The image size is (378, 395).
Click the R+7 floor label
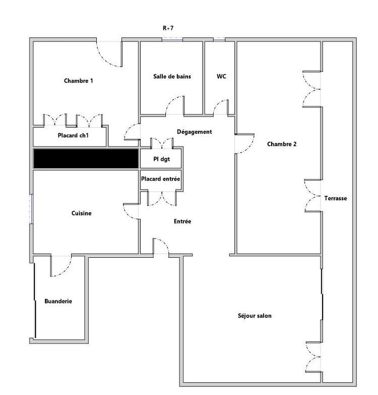(x=168, y=28)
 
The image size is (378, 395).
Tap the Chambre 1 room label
(x=79, y=81)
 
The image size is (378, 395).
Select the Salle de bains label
(x=172, y=76)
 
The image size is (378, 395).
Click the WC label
(x=221, y=76)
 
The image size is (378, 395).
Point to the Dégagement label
(x=194, y=132)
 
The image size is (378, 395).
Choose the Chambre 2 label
(x=282, y=144)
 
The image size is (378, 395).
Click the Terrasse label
(x=336, y=198)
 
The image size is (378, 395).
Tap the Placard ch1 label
(x=73, y=136)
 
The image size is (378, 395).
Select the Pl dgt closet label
(x=162, y=159)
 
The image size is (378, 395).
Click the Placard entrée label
(x=161, y=179)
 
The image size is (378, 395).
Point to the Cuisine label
(x=82, y=213)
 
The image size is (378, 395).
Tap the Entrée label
(x=182, y=221)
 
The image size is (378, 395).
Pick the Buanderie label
(x=58, y=301)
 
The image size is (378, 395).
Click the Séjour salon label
(x=255, y=316)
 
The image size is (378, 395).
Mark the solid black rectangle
(x=86, y=158)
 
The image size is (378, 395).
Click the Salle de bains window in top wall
(x=172, y=39)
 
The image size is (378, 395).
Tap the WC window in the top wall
(x=219, y=39)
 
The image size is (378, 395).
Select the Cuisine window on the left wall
(x=31, y=209)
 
